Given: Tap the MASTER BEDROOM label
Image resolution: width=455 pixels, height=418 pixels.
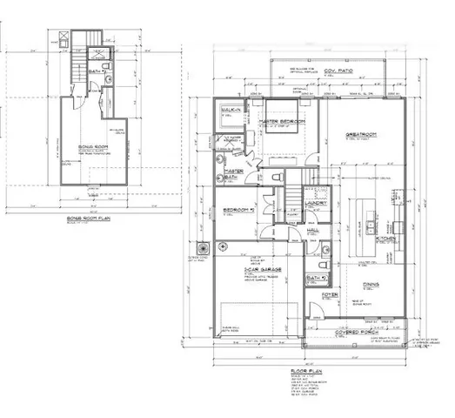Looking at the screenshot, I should tap(277, 122).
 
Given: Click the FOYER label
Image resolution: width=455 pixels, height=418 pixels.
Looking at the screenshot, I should tap(331, 296).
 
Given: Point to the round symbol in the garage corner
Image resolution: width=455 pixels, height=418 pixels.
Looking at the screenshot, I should tap(203, 246).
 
